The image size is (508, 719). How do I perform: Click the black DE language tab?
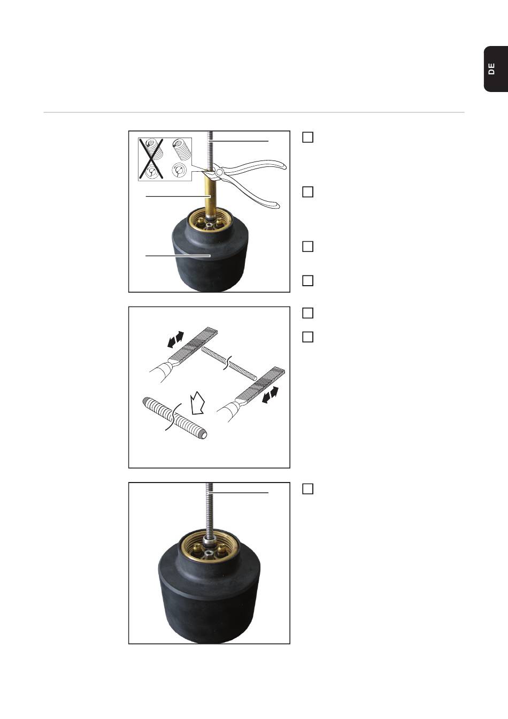click(496, 69)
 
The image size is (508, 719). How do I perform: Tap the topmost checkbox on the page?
click(308, 137)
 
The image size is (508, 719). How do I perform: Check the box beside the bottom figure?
click(308, 488)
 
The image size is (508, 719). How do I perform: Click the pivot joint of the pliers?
click(219, 172)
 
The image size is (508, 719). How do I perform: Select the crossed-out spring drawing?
click(151, 158)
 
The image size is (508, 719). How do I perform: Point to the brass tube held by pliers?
click(210, 195)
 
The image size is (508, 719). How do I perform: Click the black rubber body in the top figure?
click(209, 257)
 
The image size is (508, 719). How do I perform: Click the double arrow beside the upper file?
click(176, 340)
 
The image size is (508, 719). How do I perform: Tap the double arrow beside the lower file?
click(270, 395)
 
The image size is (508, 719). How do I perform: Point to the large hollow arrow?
click(197, 403)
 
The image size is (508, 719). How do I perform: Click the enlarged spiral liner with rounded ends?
click(174, 418)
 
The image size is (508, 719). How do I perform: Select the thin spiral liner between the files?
click(229, 364)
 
